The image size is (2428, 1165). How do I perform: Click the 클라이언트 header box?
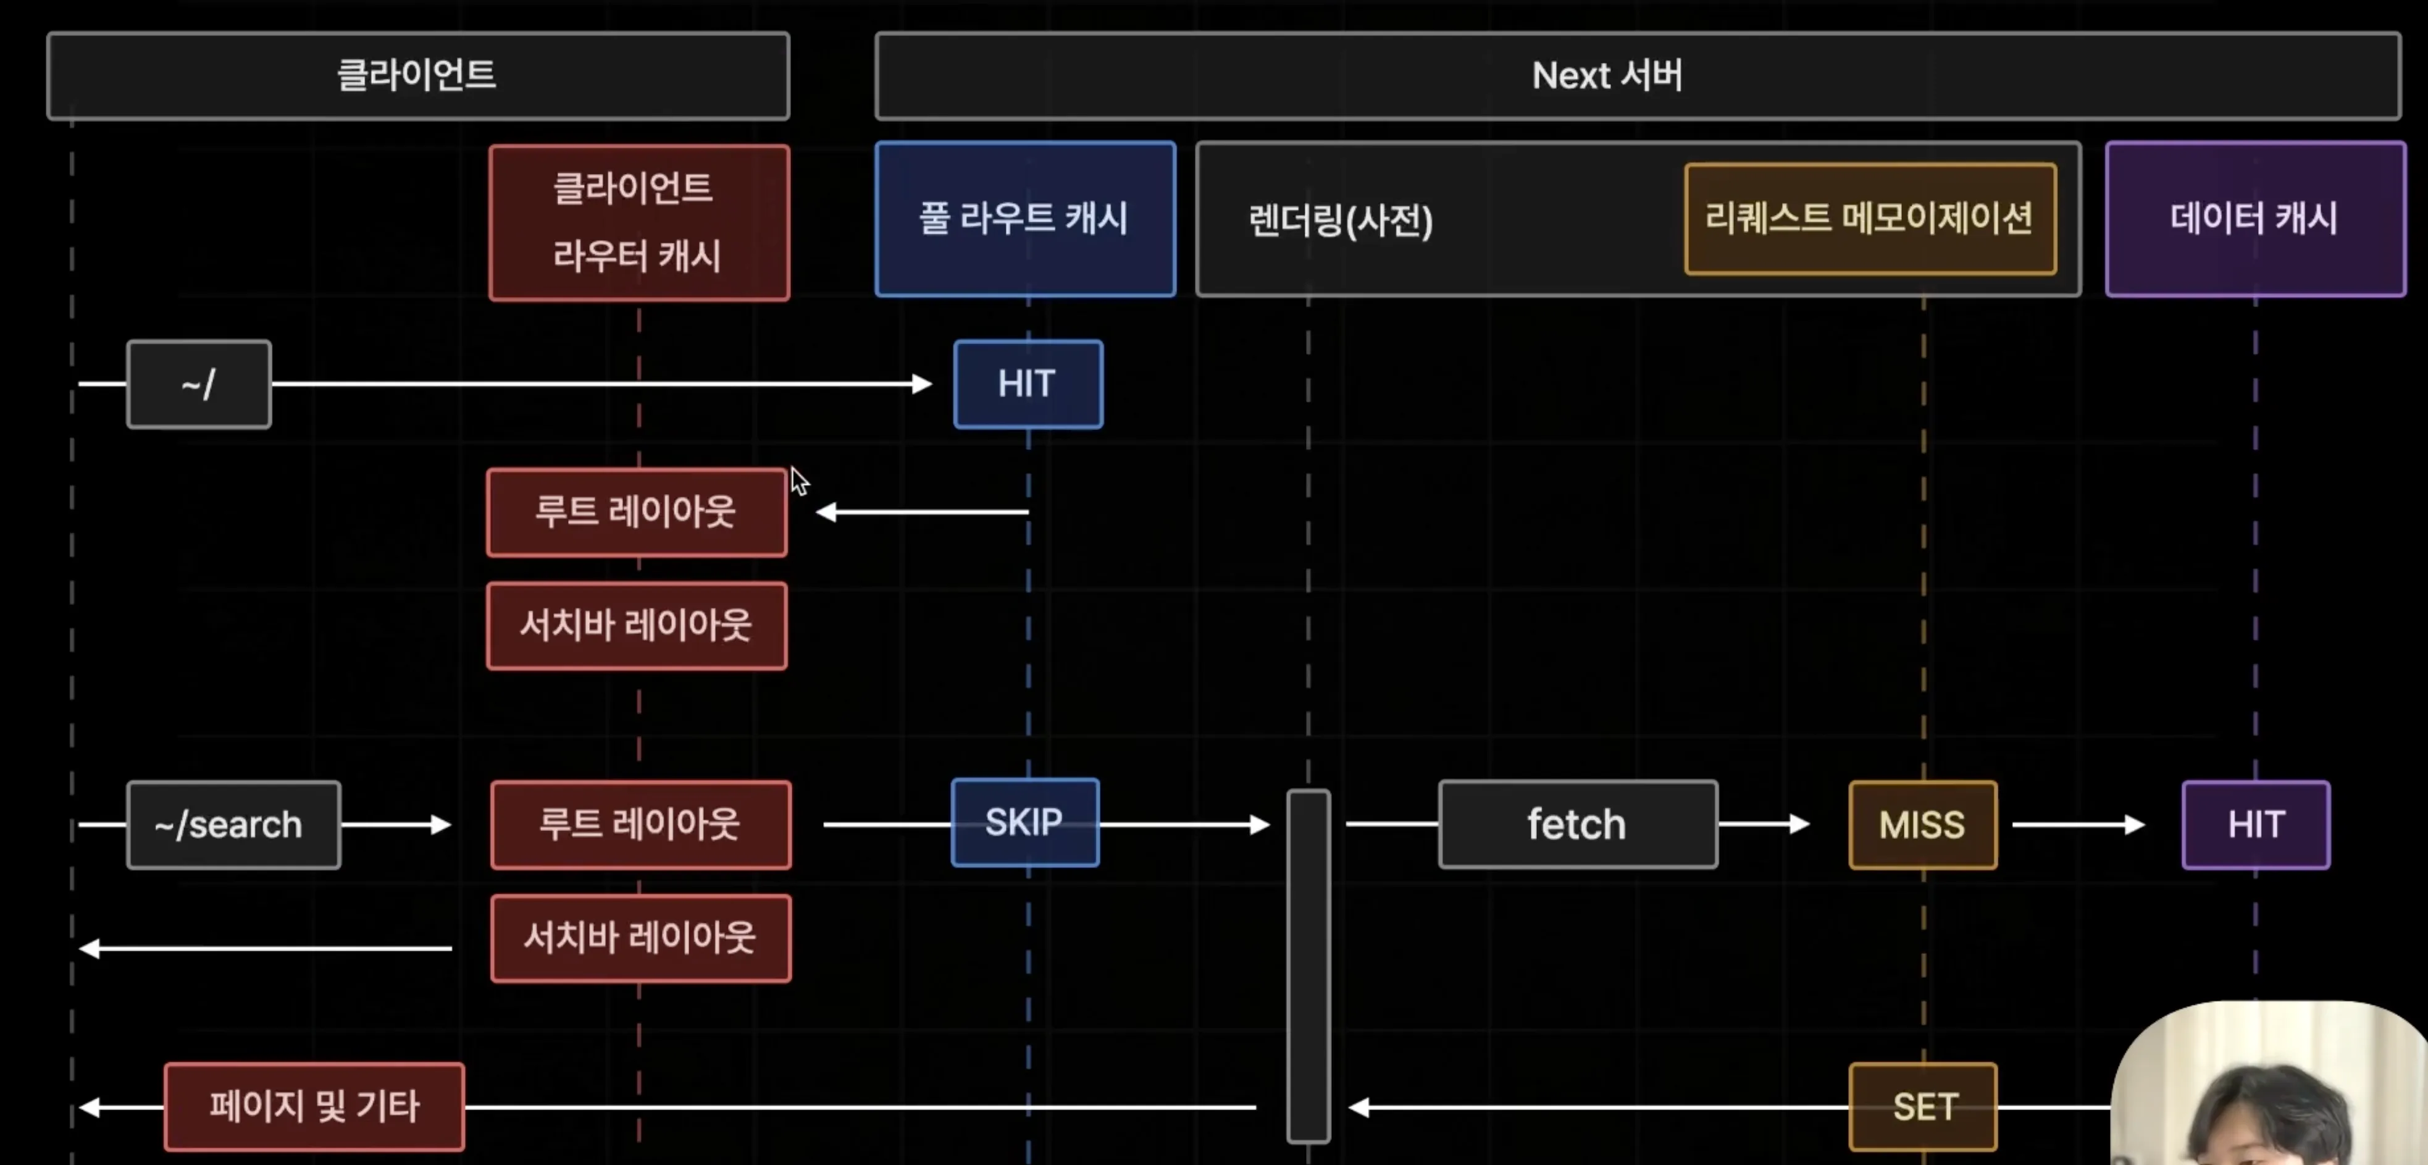click(417, 75)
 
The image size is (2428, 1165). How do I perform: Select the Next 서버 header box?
click(1637, 75)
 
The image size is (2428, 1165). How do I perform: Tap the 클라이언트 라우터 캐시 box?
click(639, 222)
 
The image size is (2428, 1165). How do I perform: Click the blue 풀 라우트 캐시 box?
click(1024, 219)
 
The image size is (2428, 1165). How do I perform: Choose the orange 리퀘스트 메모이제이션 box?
click(1870, 219)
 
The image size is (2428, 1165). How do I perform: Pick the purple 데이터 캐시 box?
click(2254, 219)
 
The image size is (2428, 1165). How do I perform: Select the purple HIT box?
click(2256, 825)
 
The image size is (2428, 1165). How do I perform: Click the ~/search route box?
click(233, 825)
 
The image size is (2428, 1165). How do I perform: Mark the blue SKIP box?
click(1024, 823)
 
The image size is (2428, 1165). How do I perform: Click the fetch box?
click(1578, 825)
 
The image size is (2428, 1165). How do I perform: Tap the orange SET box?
click(1923, 1106)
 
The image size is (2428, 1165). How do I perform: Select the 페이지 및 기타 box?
click(314, 1106)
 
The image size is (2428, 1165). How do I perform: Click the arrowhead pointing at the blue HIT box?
click(922, 384)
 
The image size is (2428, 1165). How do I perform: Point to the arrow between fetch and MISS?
click(1762, 825)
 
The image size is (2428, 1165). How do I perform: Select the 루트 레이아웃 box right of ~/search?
click(640, 825)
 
